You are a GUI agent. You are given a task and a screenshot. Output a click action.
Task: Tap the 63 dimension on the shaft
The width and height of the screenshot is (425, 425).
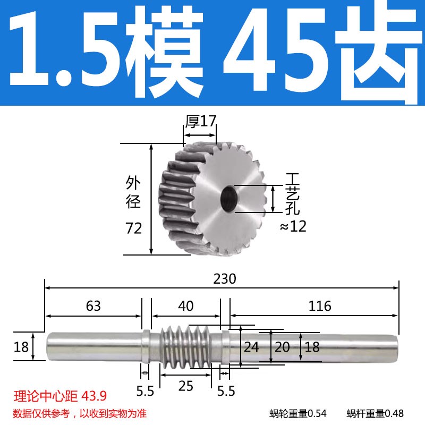click(93, 306)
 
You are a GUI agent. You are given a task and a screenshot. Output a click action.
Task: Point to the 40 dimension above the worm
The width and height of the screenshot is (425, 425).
click(185, 306)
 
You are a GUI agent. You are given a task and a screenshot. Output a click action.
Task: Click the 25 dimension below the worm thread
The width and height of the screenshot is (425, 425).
click(185, 386)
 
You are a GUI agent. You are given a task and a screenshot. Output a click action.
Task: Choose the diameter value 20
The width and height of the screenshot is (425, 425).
click(282, 347)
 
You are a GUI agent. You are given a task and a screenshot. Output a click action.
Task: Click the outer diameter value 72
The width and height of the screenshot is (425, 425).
click(134, 229)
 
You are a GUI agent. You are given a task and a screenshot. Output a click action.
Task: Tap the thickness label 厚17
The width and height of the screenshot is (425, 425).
click(200, 121)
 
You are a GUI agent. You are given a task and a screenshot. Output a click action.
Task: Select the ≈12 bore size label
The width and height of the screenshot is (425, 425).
click(293, 227)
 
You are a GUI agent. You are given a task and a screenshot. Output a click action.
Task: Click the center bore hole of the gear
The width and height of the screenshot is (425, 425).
click(230, 197)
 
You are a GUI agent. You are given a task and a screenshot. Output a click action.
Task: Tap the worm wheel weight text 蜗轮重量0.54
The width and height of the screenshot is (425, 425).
click(297, 413)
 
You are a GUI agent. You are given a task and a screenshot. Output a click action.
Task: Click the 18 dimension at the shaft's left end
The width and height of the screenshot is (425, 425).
click(21, 347)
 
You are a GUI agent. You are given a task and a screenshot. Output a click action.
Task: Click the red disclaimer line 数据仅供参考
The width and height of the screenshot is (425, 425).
click(80, 413)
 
